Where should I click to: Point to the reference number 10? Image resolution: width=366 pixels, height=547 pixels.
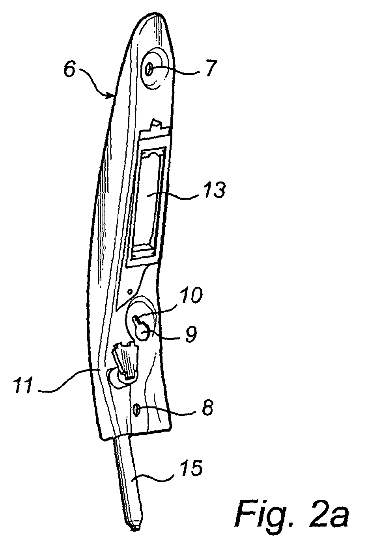pos(191,295)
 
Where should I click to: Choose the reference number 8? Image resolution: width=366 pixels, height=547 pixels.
pos(207,406)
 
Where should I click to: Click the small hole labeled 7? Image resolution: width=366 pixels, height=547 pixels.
pos(149,71)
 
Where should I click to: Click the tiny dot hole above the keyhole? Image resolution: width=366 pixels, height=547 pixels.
pos(130,291)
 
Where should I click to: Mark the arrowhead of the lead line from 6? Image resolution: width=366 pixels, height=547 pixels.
pos(111,96)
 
